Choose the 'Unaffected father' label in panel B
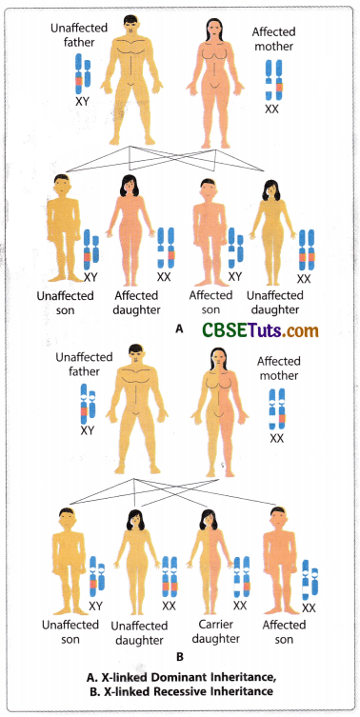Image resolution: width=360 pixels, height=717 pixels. (x=86, y=366)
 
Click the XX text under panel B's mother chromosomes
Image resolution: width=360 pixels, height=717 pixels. (x=277, y=438)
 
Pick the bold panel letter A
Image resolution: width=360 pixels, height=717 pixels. (x=179, y=327)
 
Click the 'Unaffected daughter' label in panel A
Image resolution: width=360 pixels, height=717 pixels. (x=288, y=302)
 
